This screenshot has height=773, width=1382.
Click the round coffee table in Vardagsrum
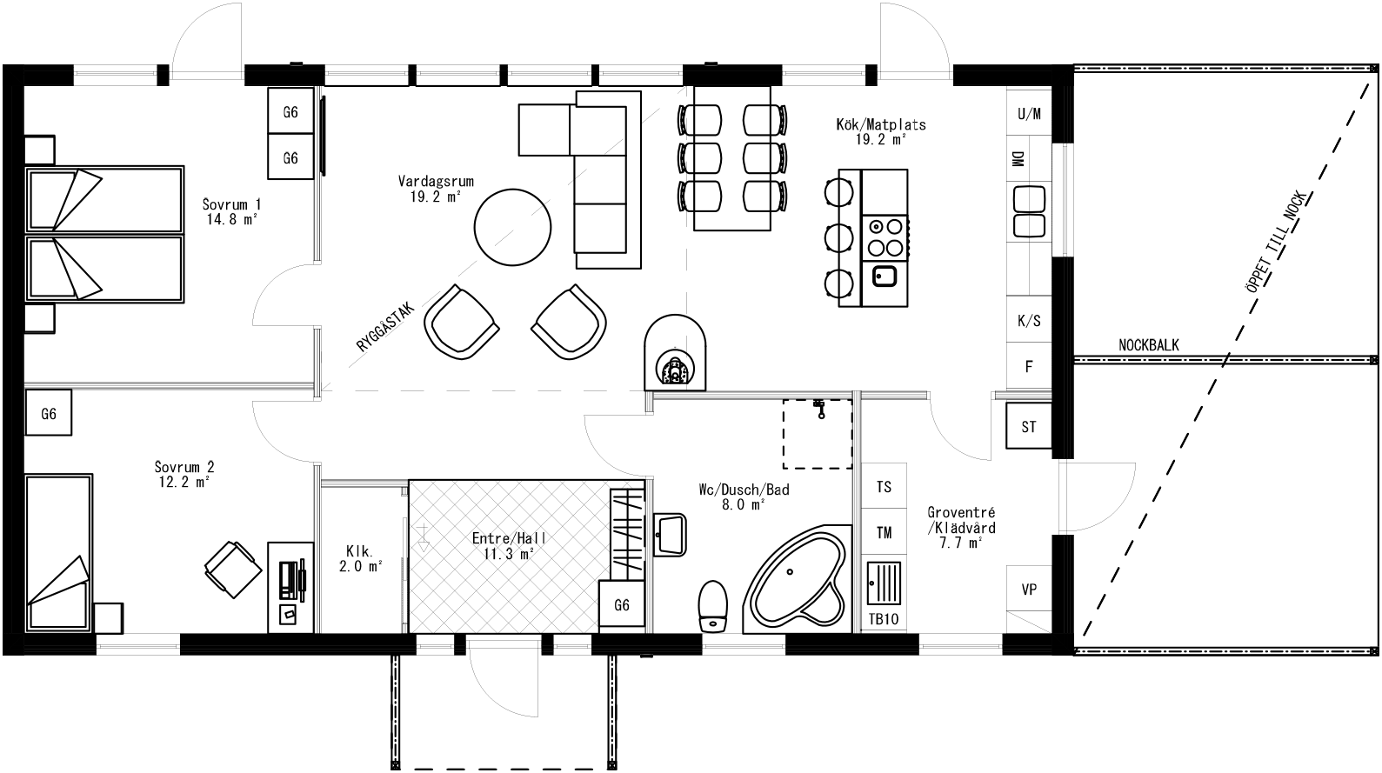click(x=512, y=229)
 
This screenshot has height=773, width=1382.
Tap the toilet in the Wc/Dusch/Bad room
click(x=712, y=606)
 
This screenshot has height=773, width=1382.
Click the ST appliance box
click(x=1029, y=426)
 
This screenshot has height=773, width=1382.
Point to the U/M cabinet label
click(x=1029, y=114)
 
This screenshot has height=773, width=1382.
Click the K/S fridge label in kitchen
click(x=1029, y=321)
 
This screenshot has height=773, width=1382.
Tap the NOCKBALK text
click(x=1148, y=345)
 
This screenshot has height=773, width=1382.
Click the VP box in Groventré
click(x=1029, y=590)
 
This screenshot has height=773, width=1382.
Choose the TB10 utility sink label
click(x=884, y=619)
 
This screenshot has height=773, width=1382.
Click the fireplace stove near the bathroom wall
click(x=674, y=352)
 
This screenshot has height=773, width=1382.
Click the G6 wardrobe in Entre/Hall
click(x=622, y=605)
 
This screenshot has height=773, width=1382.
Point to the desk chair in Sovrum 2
click(x=233, y=568)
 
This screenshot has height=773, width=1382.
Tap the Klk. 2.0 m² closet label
click(x=360, y=557)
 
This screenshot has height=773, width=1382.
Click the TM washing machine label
click(x=884, y=532)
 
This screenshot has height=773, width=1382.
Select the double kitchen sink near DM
click(x=1029, y=211)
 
